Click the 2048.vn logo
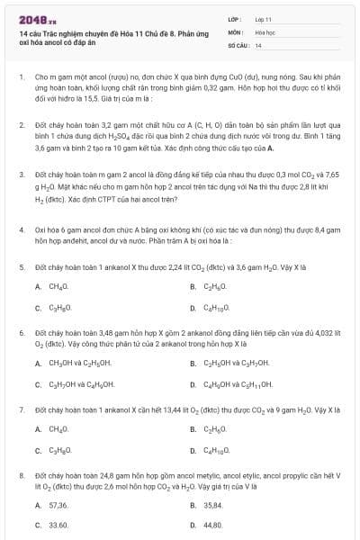point(32,18)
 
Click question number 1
point(21,77)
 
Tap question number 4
point(21,229)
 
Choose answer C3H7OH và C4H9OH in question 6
point(86,384)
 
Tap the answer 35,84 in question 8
point(213,506)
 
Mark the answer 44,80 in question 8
point(213,524)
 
